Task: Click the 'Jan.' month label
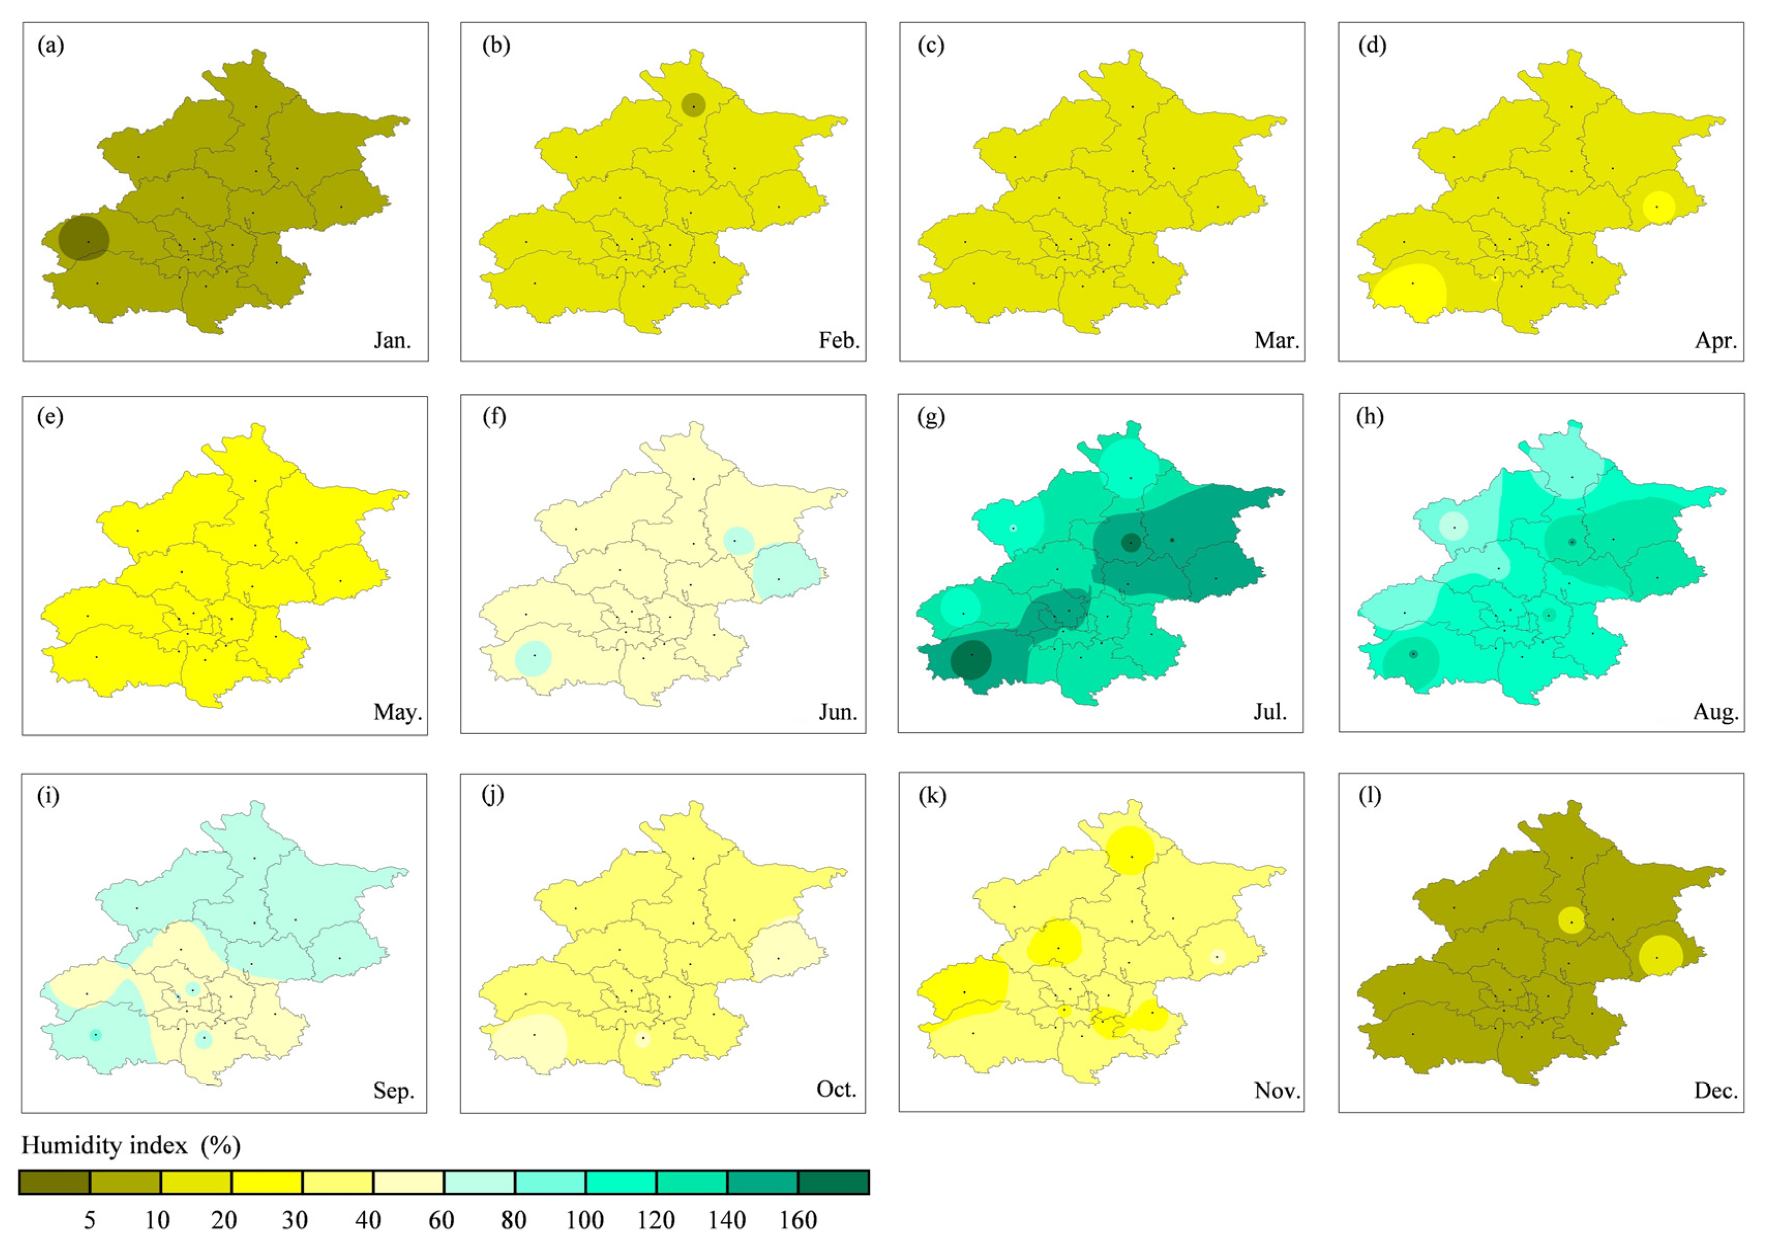[x=392, y=340]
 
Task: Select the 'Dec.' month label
[x=1715, y=1091]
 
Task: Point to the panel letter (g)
[x=931, y=417]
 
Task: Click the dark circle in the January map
[x=83, y=238]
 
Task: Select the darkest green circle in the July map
[x=971, y=659]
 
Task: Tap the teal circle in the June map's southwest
[x=533, y=658]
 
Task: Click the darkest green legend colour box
[x=834, y=1182]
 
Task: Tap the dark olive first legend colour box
[x=55, y=1182]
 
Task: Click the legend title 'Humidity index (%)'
[x=131, y=1146]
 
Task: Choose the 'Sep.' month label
[x=393, y=1091]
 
